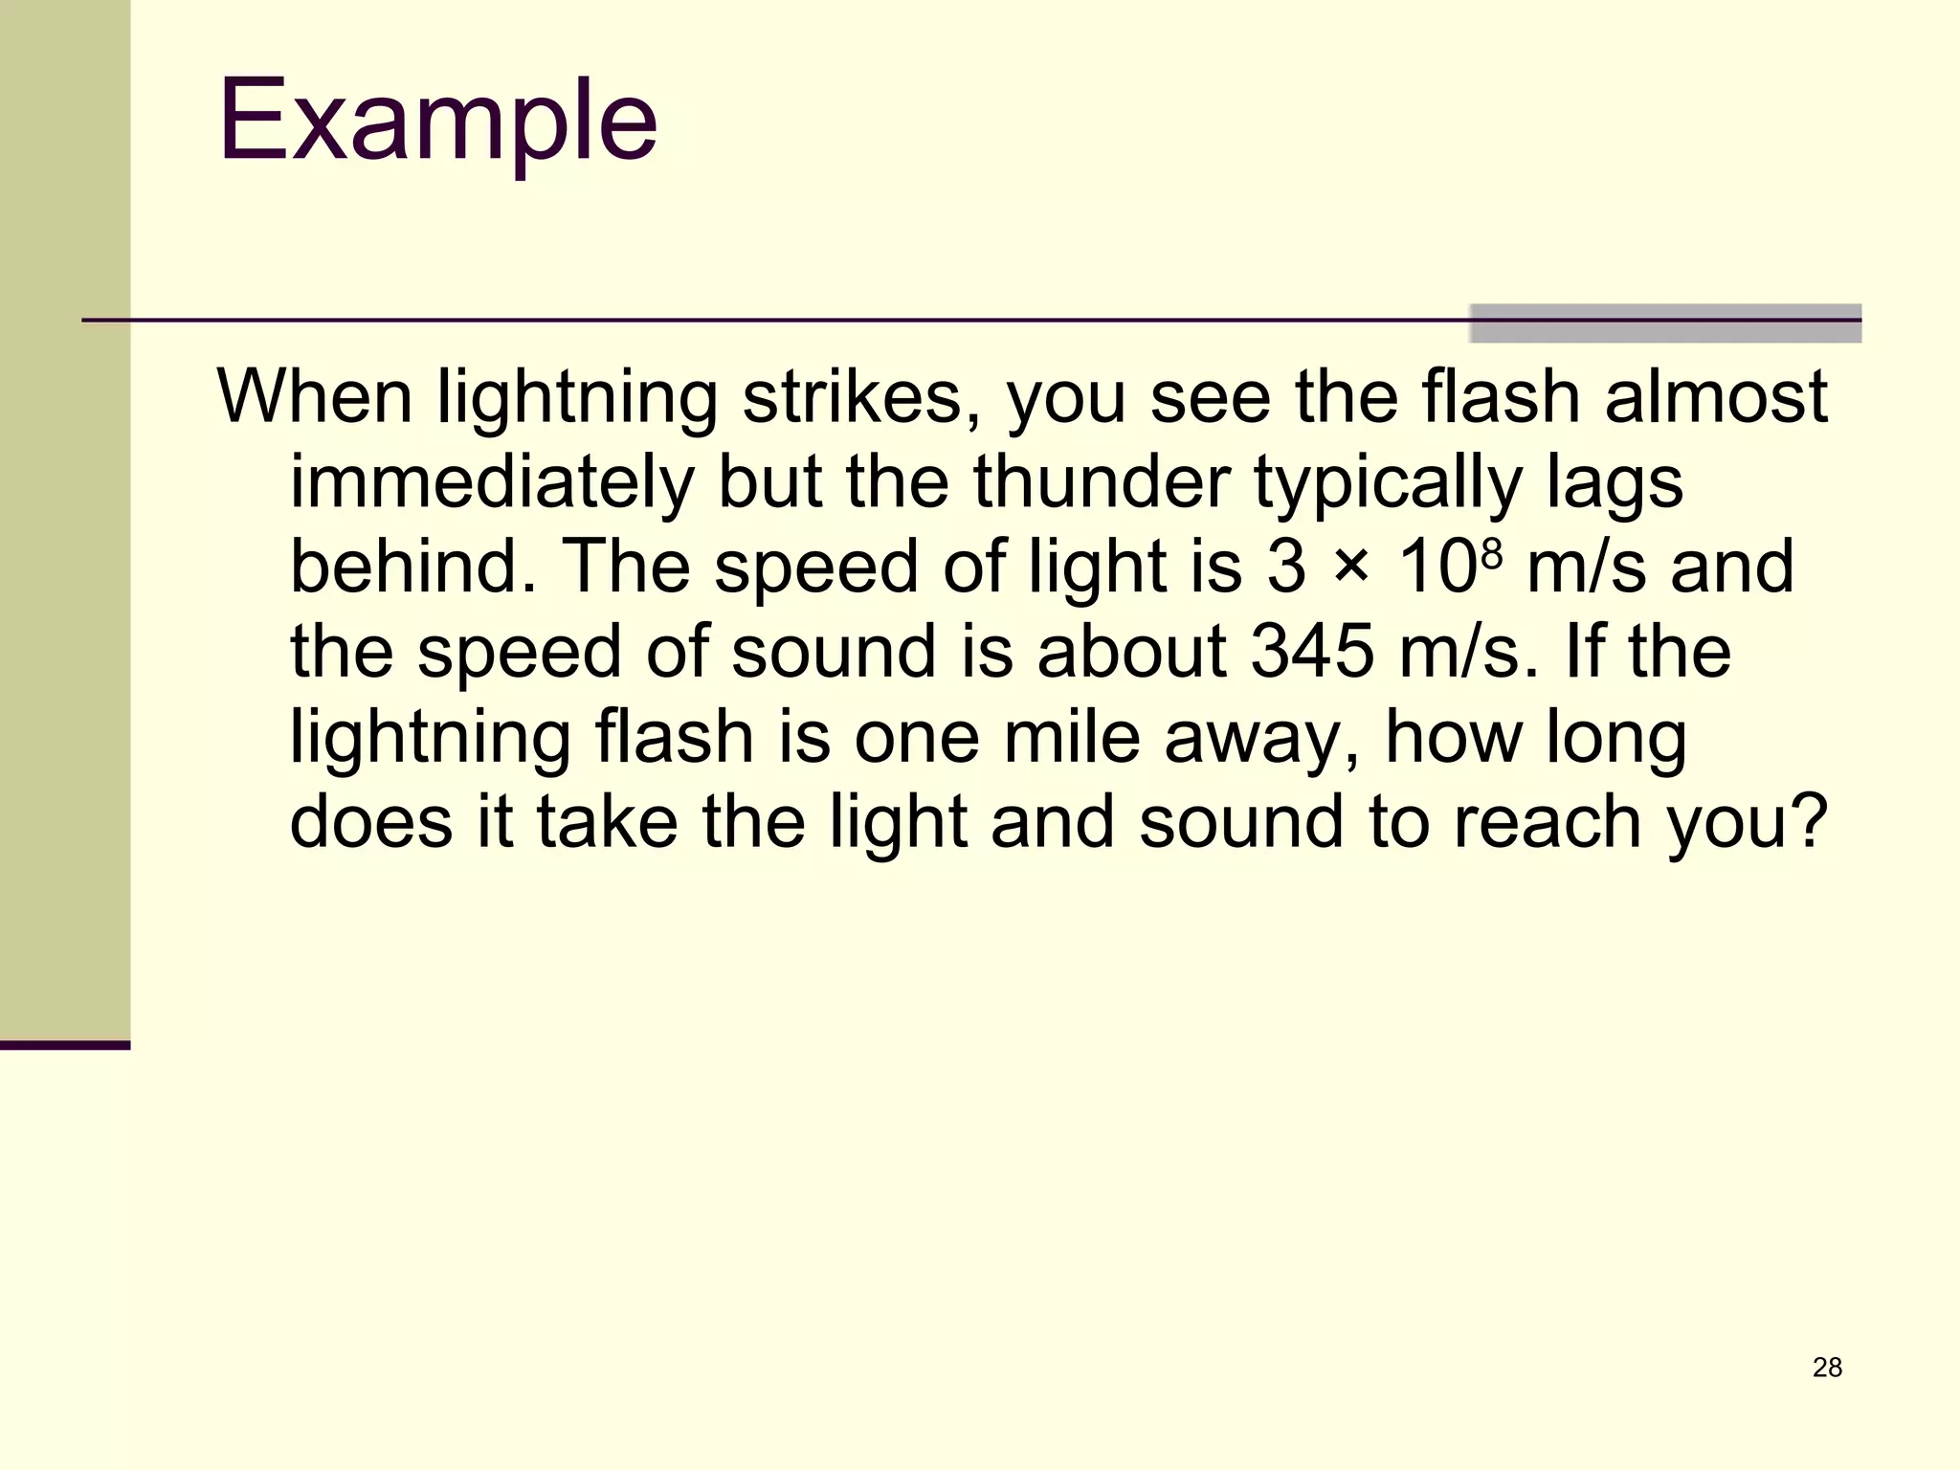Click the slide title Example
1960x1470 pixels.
(x=437, y=122)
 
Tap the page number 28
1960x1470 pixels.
(x=1827, y=1368)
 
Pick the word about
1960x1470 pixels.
(x=1131, y=652)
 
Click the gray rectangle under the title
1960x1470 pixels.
(x=1664, y=323)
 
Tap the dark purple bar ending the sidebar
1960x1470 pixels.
(x=65, y=1045)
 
